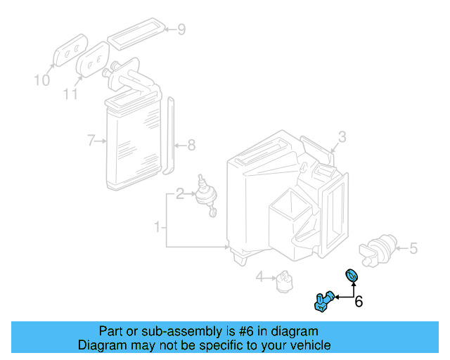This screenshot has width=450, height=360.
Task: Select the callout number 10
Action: (x=42, y=80)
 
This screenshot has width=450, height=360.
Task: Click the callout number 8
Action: (x=191, y=146)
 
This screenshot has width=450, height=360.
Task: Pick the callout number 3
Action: (x=342, y=136)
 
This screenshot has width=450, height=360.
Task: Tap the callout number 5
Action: (x=413, y=247)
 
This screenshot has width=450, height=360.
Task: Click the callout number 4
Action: (x=259, y=278)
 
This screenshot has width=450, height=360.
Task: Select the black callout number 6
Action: (x=358, y=302)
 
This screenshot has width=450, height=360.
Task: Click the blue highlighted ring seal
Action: (x=352, y=275)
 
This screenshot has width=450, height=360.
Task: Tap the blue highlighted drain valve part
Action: (x=324, y=301)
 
